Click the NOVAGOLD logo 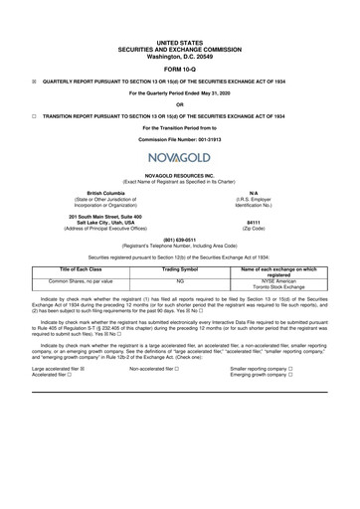(179, 157)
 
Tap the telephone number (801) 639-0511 (179, 239)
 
